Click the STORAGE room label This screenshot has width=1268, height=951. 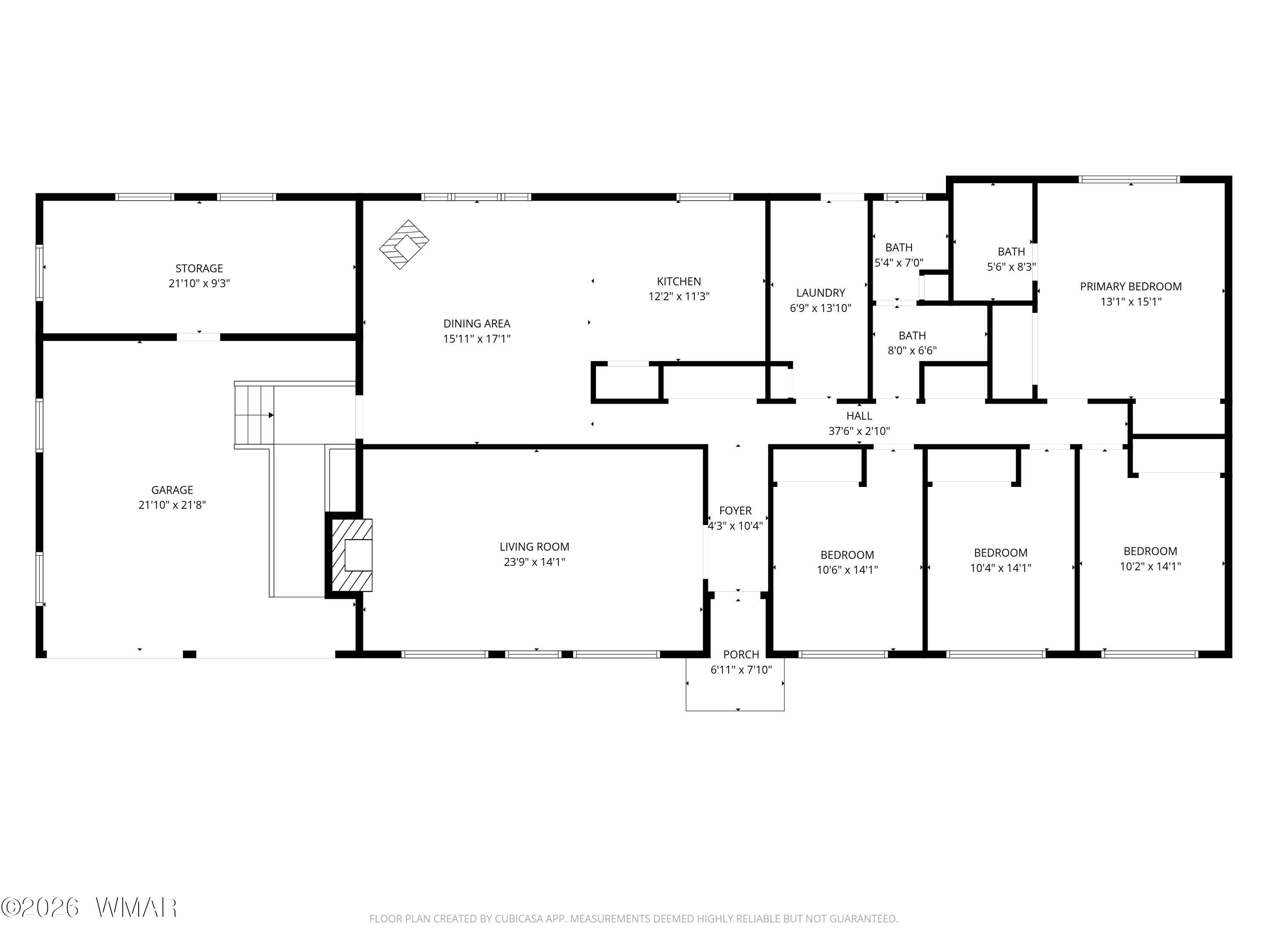199,268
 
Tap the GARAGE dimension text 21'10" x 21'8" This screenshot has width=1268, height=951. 172,505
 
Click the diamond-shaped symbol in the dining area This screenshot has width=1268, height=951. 404,244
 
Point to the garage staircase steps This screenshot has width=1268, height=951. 254,415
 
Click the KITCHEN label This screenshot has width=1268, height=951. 679,281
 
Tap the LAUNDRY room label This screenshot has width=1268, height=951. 820,293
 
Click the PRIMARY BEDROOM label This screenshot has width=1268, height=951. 1131,287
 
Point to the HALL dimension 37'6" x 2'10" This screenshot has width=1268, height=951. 859,431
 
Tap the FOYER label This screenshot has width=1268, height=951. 735,511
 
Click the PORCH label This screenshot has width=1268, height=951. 741,655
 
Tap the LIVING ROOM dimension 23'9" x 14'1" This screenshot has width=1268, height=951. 534,562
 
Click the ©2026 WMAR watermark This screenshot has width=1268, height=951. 89,907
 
